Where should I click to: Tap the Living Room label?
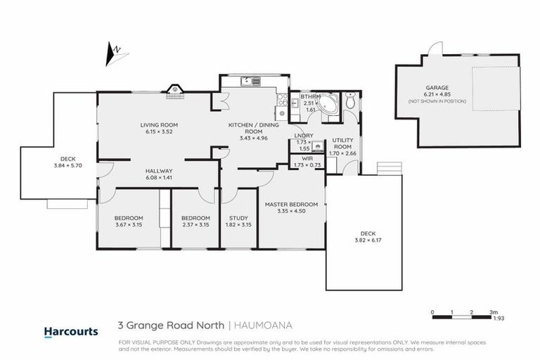[x=157, y=124]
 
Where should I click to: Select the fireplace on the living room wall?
[x=174, y=89]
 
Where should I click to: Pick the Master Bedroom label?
[x=291, y=205]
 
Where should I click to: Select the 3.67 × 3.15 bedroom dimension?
[x=129, y=225]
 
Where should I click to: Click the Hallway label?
[x=159, y=171]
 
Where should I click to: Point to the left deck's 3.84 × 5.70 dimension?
[x=68, y=166]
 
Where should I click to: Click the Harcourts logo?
[x=70, y=331]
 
